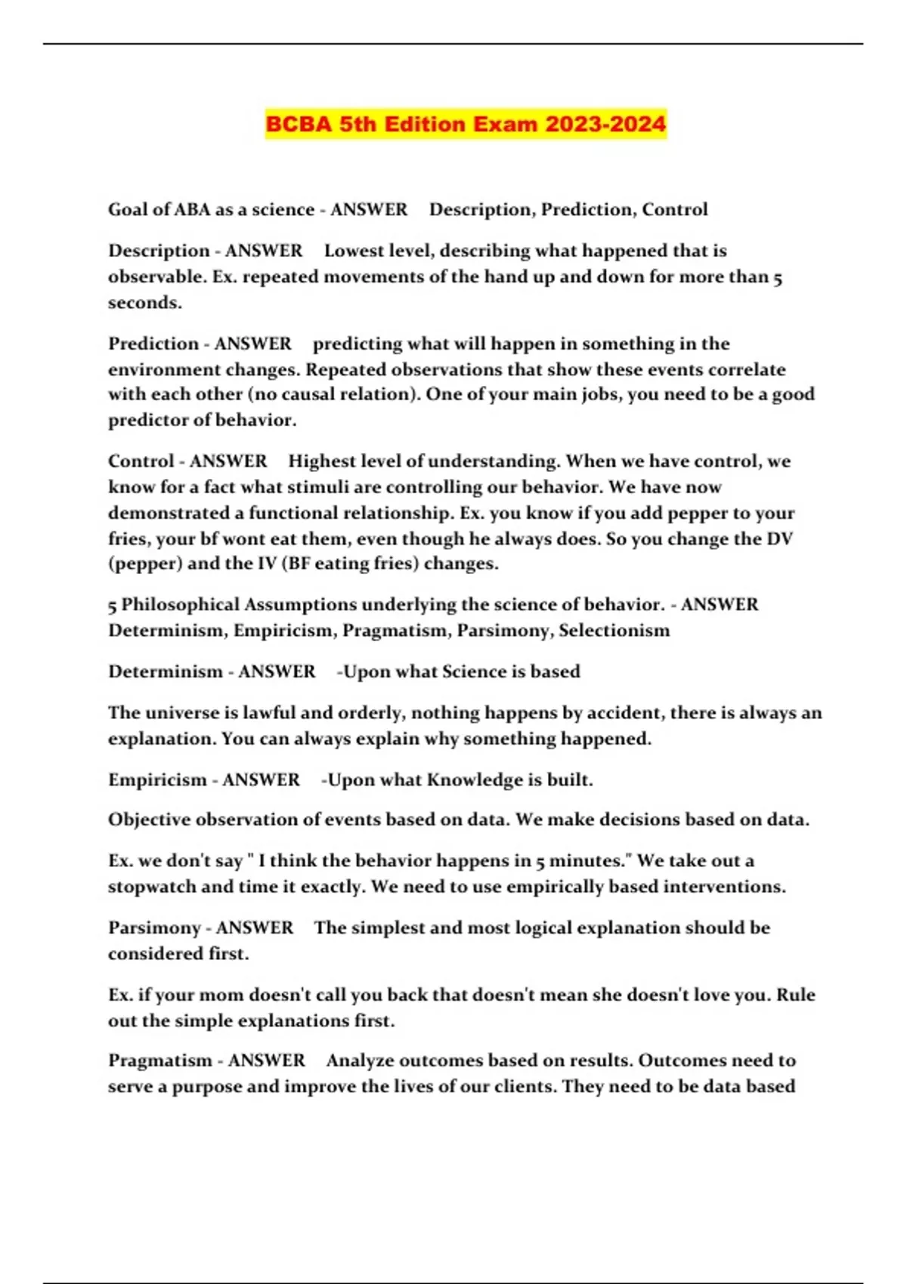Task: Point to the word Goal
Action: [128, 209]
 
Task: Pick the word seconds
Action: [144, 302]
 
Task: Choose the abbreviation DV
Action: [779, 539]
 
